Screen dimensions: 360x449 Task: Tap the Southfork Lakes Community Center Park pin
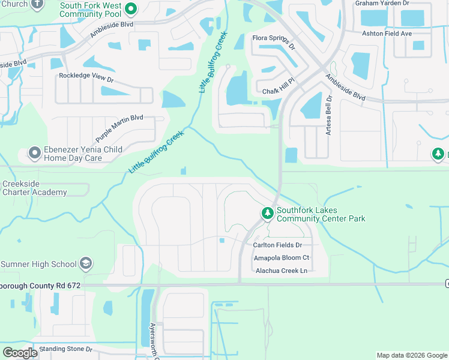pos(267,214)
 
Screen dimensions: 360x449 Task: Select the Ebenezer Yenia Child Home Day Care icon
pos(35,154)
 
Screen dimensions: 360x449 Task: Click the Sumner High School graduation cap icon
pos(86,264)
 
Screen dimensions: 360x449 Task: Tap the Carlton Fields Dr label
pos(277,245)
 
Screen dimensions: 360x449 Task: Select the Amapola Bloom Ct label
pos(281,257)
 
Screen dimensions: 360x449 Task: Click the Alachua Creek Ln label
pos(282,271)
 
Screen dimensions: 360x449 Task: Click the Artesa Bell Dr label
pos(328,115)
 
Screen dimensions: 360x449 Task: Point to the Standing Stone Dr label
pos(65,349)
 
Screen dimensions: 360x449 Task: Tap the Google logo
pos(20,353)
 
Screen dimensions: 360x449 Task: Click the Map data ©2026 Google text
pos(411,355)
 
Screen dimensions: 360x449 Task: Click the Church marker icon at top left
pos(37,4)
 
